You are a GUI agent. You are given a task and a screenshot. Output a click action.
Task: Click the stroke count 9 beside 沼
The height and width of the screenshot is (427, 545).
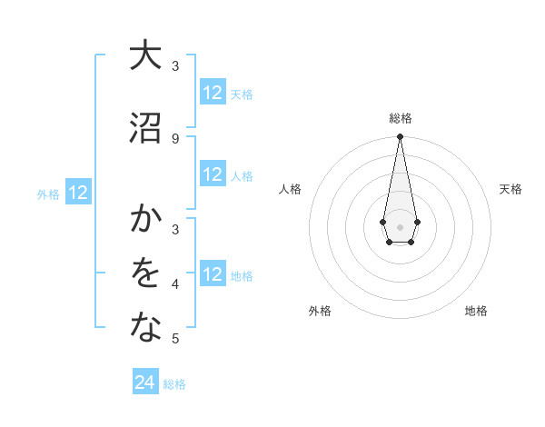(175, 138)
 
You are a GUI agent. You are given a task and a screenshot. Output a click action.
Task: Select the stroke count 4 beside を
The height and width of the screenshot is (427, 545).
(175, 284)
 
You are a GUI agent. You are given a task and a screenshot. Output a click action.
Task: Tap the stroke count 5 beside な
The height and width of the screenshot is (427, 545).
(175, 339)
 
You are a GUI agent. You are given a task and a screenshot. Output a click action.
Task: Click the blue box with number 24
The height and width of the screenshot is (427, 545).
(145, 383)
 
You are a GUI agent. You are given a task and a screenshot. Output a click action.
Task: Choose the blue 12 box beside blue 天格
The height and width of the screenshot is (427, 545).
(213, 93)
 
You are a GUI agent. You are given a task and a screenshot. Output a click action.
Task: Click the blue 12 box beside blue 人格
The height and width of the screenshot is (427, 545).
(213, 175)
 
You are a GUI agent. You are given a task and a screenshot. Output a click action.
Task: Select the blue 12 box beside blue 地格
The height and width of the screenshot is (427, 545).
(213, 274)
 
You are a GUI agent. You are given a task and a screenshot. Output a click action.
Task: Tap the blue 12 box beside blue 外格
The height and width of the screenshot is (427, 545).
(78, 193)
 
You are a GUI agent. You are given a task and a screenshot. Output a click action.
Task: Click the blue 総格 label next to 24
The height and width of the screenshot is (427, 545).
(174, 384)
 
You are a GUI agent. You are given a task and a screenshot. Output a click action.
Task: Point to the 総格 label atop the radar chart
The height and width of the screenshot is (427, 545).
(400, 118)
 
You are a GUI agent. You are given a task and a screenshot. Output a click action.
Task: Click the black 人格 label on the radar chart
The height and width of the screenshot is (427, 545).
(291, 189)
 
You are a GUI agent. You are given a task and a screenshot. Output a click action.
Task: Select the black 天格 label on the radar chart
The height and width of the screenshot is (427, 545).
(510, 189)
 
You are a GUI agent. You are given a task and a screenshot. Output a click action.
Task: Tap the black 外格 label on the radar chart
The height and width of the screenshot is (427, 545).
(319, 311)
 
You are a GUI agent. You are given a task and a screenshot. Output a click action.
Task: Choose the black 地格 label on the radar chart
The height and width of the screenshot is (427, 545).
(476, 311)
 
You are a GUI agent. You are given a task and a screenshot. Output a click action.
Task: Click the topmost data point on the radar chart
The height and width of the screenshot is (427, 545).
(400, 136)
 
